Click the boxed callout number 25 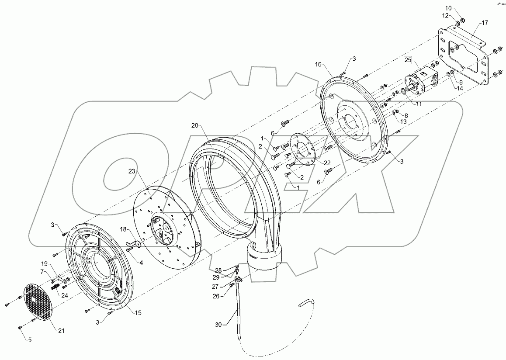408,59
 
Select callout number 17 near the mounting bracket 485,23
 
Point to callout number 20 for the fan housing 195,125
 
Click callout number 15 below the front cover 138,313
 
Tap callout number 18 123,228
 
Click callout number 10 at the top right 448,8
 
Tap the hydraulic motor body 419,81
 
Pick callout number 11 419,104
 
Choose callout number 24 65,295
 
